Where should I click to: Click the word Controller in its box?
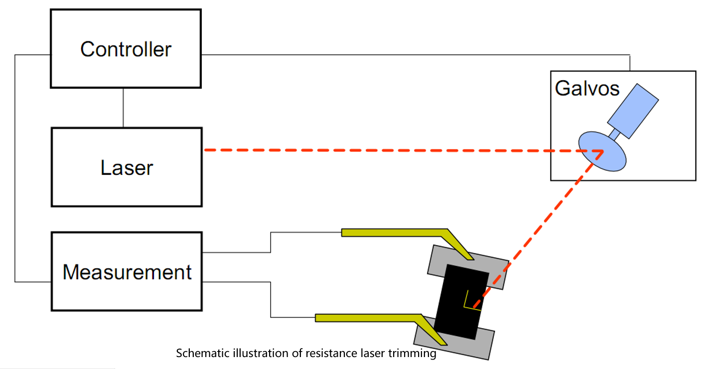click(126, 49)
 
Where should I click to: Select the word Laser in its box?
click(127, 168)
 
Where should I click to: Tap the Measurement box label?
click(127, 272)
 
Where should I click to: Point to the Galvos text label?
click(587, 89)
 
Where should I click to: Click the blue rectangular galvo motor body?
click(633, 111)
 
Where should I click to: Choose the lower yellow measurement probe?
click(369, 318)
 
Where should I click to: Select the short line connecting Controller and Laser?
click(123, 108)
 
